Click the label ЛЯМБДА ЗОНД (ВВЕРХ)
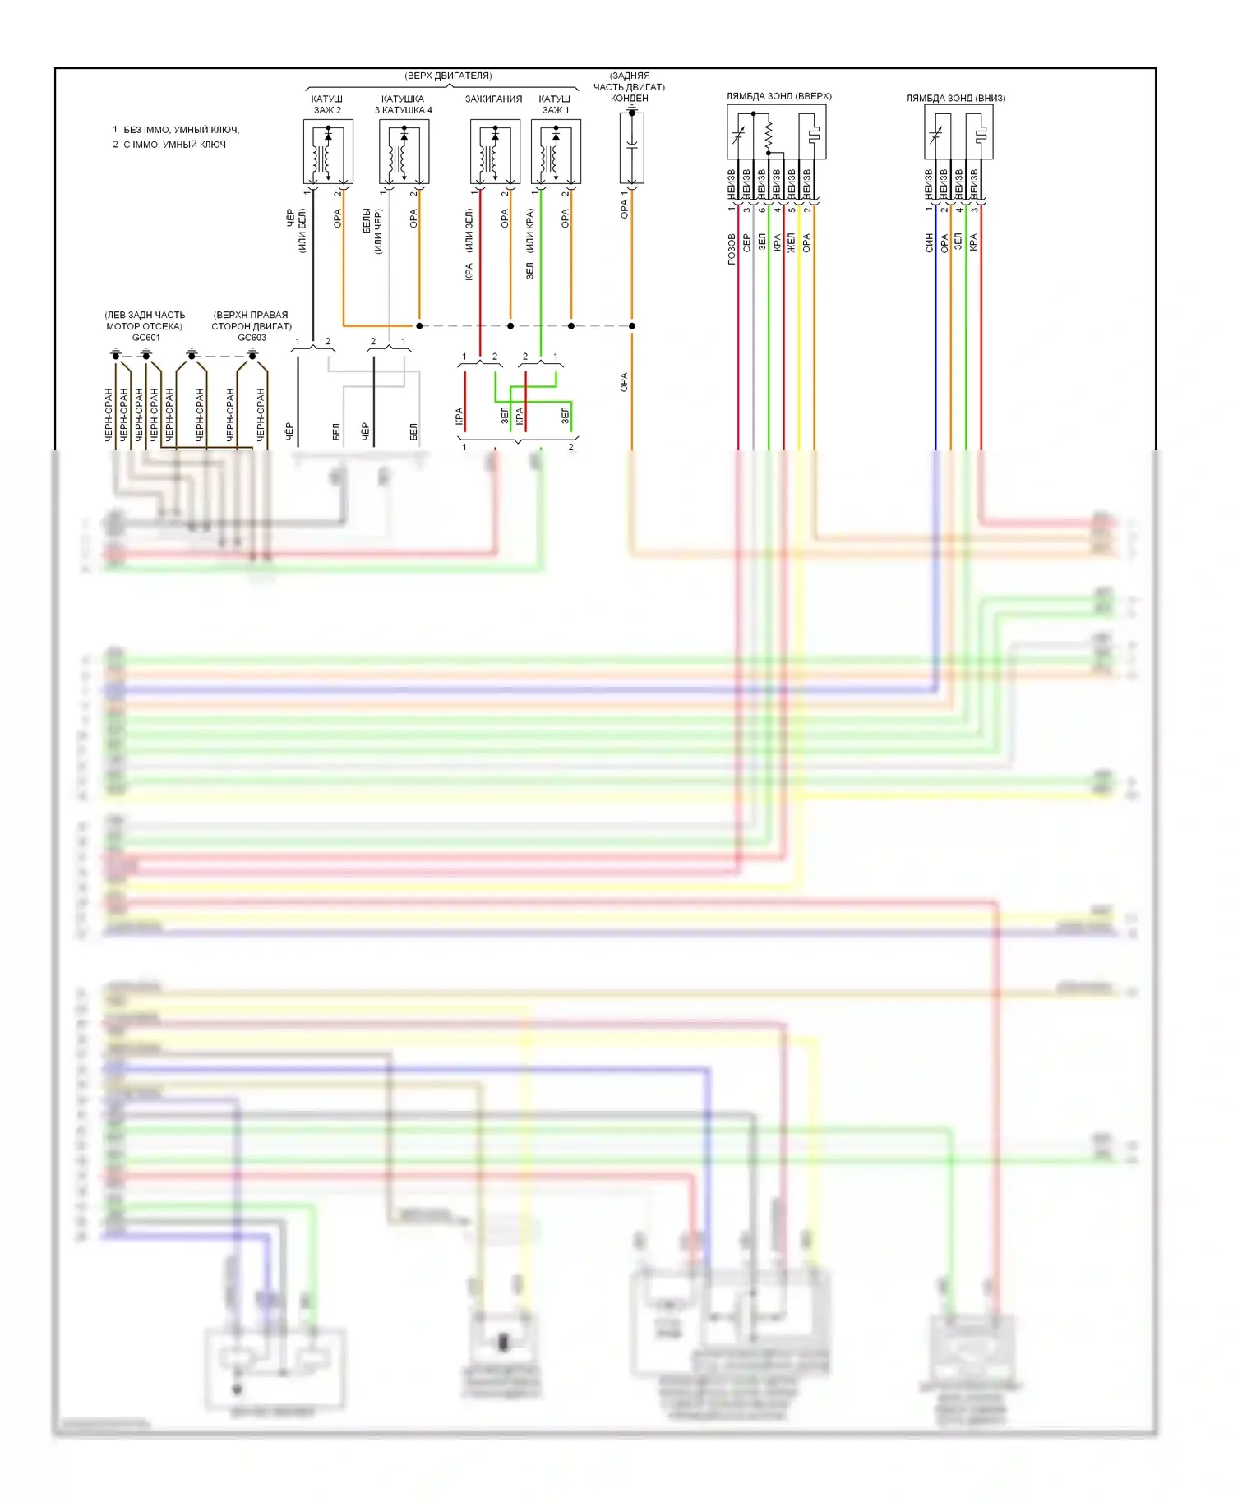click(778, 96)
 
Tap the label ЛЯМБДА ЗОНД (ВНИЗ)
click(955, 98)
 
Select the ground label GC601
click(146, 338)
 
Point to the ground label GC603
click(252, 338)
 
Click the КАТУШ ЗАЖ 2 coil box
click(328, 151)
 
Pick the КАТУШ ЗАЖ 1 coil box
click(556, 151)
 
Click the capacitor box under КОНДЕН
click(631, 148)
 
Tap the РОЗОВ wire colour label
click(732, 249)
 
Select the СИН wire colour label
click(929, 242)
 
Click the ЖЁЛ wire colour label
click(792, 242)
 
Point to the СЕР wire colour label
click(746, 242)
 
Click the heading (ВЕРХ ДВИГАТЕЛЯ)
click(448, 76)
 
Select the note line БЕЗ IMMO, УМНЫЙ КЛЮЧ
click(181, 130)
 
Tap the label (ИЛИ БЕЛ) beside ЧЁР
click(302, 231)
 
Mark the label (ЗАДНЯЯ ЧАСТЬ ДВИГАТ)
click(630, 81)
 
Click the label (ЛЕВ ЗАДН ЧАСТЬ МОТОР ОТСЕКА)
click(145, 320)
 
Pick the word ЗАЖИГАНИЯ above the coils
click(493, 99)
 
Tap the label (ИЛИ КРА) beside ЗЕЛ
click(530, 230)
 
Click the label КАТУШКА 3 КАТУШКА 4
click(403, 104)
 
